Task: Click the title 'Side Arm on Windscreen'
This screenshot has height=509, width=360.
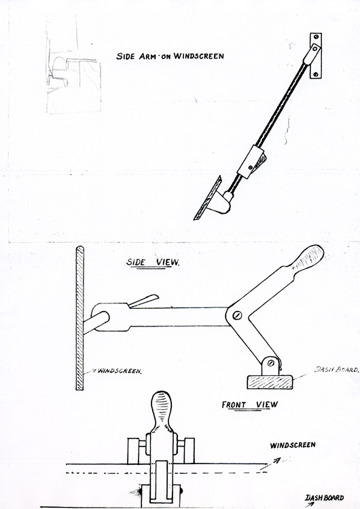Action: click(x=170, y=56)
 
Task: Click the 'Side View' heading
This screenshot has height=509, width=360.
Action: click(x=152, y=262)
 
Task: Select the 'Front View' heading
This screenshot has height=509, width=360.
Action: click(x=250, y=404)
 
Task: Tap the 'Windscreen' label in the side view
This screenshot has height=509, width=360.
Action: click(x=120, y=371)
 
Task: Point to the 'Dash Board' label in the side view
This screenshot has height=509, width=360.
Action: click(x=337, y=369)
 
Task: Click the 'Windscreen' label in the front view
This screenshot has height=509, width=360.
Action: click(x=293, y=445)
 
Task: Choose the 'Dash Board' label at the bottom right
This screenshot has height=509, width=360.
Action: click(x=324, y=497)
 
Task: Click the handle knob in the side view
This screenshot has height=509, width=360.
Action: click(x=308, y=257)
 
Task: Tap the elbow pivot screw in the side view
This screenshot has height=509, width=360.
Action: click(x=238, y=315)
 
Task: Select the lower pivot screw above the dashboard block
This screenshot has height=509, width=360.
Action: click(x=271, y=363)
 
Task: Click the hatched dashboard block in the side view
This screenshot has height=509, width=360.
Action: click(x=270, y=382)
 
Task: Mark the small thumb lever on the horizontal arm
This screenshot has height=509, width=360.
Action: click(x=143, y=301)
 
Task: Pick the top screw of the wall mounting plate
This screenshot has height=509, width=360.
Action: click(x=315, y=37)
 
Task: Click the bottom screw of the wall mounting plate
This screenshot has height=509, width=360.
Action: click(x=315, y=75)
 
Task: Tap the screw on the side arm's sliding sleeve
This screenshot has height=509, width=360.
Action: click(x=250, y=168)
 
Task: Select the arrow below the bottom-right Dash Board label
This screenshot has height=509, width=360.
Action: click(x=310, y=504)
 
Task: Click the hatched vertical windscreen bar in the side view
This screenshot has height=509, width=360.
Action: click(x=79, y=318)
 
